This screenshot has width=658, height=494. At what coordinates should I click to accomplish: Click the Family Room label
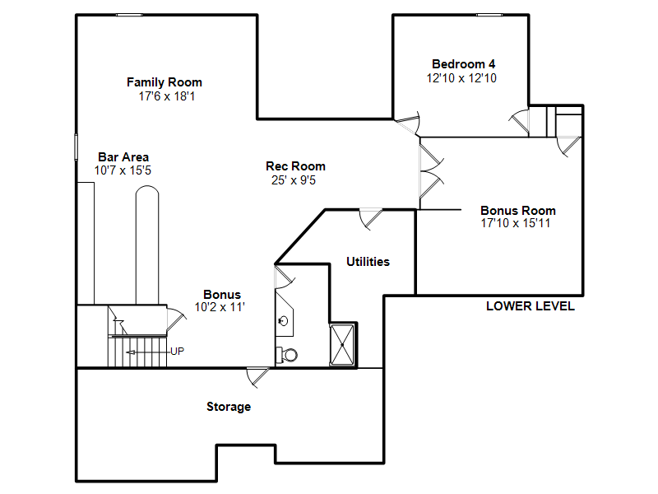tap(164, 82)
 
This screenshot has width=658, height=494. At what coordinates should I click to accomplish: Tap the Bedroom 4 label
tap(463, 64)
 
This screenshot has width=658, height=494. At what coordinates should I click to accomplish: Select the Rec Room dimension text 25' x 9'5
tap(294, 180)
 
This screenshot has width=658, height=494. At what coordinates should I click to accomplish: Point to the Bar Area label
tap(123, 157)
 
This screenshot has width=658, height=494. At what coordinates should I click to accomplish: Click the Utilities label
tap(368, 262)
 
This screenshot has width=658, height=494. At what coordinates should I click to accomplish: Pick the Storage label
tap(229, 407)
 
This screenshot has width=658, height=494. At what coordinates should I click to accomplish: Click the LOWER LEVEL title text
tap(531, 306)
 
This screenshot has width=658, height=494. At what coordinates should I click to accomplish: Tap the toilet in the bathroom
tap(287, 355)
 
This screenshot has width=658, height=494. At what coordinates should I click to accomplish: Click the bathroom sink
tap(283, 321)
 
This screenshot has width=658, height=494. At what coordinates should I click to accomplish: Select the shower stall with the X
tap(342, 345)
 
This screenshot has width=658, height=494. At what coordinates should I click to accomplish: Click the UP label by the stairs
tap(177, 352)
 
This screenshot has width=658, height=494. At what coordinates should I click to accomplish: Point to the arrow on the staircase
tap(147, 352)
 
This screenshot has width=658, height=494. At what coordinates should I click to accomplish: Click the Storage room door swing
tap(257, 377)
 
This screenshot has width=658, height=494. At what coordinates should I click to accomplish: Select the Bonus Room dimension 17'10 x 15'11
tap(516, 223)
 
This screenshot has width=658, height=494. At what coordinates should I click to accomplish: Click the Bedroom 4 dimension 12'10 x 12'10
tap(461, 78)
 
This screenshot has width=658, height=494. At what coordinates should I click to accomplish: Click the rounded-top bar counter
tap(147, 245)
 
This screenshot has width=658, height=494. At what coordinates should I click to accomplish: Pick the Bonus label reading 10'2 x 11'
tap(220, 307)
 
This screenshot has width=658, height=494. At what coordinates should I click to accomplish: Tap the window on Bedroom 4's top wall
tap(489, 15)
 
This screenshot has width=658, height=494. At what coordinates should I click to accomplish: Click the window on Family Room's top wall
tap(129, 15)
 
